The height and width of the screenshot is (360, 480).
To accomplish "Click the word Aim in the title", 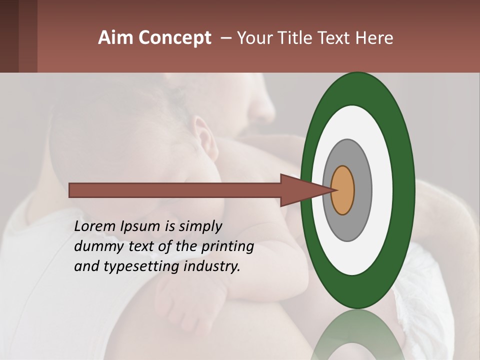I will tap(116, 38).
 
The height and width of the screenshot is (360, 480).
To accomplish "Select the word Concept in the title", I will tap(175, 38).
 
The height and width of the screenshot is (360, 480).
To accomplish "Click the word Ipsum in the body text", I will tap(141, 226).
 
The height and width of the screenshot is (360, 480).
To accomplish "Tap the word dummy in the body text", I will tap(93, 246).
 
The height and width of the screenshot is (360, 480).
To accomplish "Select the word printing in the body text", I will tap(227, 246).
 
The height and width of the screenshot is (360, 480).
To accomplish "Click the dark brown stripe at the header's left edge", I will tap(9, 36).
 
